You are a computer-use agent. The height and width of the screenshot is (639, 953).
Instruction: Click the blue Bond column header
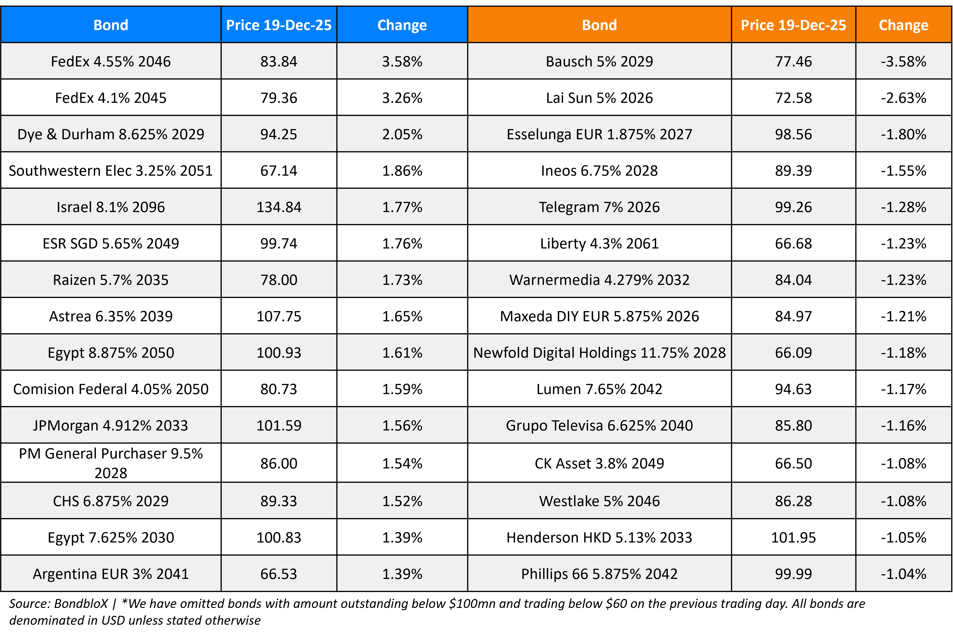[111, 25]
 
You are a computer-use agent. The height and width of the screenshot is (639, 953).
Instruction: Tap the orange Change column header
[903, 25]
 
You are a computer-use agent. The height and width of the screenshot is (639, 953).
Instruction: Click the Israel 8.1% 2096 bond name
[111, 207]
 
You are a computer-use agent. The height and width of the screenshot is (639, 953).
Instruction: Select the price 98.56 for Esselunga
[793, 134]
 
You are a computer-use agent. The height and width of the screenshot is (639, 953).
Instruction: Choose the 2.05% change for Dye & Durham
[402, 134]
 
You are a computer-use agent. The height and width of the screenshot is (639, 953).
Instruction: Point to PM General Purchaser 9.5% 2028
[111, 463]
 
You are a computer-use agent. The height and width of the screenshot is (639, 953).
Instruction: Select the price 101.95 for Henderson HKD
[793, 537]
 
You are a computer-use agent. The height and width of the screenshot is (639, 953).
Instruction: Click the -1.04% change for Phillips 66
[903, 574]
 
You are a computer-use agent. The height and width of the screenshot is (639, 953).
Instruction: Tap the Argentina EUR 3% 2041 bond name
[111, 574]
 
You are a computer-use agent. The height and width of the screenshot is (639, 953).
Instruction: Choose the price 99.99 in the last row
[793, 574]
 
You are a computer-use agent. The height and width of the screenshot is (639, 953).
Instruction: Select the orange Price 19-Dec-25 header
[793, 25]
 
